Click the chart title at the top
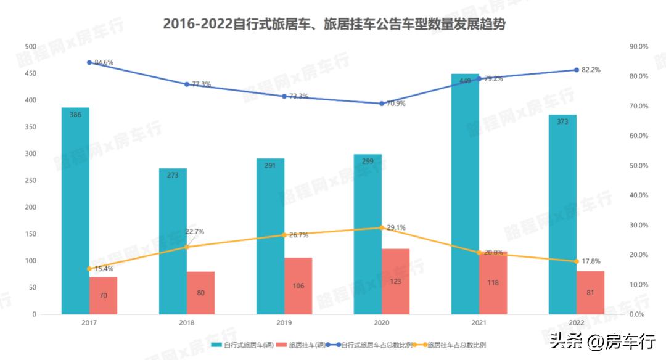(x=334, y=24)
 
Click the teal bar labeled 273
(x=173, y=241)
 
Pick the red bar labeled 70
(x=103, y=296)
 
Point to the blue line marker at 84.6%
(x=89, y=62)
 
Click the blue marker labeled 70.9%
(x=382, y=104)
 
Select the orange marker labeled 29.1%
(x=382, y=227)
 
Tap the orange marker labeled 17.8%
(x=577, y=261)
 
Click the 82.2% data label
(x=591, y=70)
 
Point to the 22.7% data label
(x=194, y=232)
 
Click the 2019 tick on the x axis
(x=284, y=323)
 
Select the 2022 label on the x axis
(x=577, y=323)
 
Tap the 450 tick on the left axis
(x=30, y=73)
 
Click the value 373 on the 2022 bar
(x=562, y=122)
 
